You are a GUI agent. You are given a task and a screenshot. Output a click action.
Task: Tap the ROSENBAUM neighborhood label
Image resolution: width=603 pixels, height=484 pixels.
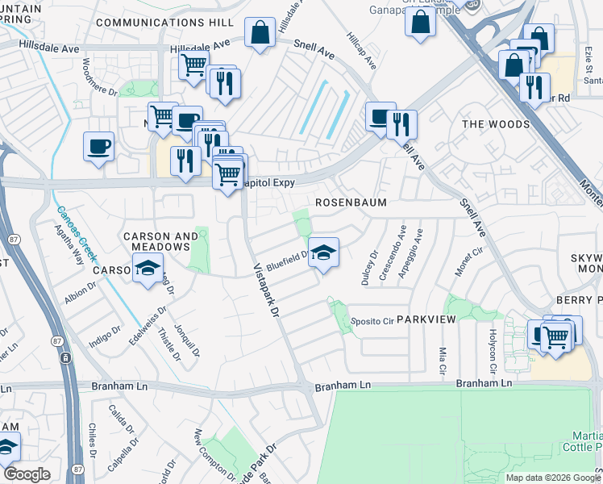[351, 202]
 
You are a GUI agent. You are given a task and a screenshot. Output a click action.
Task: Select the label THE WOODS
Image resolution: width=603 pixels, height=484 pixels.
[496, 124]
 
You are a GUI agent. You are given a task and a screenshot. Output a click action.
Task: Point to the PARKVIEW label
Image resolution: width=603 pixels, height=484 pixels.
[426, 319]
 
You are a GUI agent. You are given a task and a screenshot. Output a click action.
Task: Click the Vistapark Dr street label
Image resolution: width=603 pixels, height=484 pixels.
[266, 289]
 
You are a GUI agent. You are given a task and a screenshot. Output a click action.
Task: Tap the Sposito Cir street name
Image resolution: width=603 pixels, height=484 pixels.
[372, 320]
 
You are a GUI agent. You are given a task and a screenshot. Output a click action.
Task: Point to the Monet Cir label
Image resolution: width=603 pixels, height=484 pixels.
[462, 263]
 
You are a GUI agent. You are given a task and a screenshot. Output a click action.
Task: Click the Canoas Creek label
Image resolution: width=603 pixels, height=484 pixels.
[77, 233]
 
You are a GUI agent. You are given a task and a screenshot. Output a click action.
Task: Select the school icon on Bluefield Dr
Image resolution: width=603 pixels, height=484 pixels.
[323, 252]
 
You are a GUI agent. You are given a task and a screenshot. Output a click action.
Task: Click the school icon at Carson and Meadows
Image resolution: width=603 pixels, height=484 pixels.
[148, 269]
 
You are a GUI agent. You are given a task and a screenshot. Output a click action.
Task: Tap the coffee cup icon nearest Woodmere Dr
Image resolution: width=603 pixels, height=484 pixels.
[99, 146]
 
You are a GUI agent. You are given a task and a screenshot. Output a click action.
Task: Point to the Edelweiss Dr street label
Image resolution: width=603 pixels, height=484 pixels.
[153, 320]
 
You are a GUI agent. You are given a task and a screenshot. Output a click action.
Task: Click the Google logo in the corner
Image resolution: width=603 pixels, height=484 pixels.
[27, 474]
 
